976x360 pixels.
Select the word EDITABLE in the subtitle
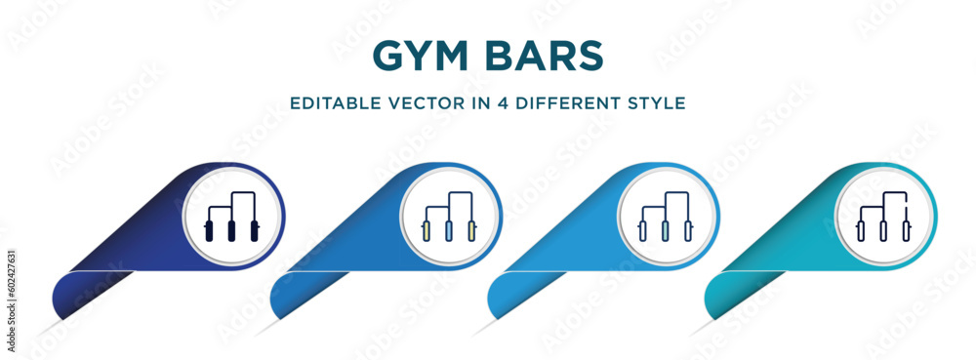(x=333, y=102)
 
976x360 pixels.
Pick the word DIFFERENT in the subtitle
(x=574, y=102)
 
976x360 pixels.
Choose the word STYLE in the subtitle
(x=659, y=102)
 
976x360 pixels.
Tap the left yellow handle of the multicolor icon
(x=427, y=232)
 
